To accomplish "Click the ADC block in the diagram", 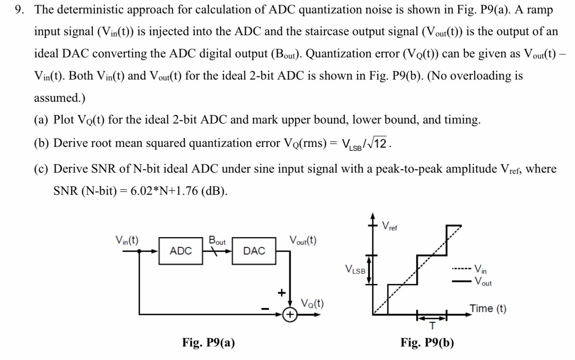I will click(x=180, y=251).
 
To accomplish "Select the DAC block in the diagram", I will click(x=254, y=251).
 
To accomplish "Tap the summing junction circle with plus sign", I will click(x=290, y=315).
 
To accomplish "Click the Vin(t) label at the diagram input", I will click(x=127, y=240).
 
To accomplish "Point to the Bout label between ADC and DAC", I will click(x=217, y=240).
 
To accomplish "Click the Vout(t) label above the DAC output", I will click(x=303, y=240).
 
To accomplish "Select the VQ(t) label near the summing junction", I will click(x=312, y=303).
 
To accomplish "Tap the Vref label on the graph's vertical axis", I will click(x=390, y=226).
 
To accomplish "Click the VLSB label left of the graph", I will click(x=355, y=270).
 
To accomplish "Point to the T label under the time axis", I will click(x=432, y=326).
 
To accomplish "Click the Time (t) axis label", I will click(x=488, y=308).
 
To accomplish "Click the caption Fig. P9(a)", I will click(x=208, y=342).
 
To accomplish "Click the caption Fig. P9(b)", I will click(x=427, y=342).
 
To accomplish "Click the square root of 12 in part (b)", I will click(x=379, y=143).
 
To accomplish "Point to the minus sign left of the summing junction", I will click(x=265, y=309).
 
